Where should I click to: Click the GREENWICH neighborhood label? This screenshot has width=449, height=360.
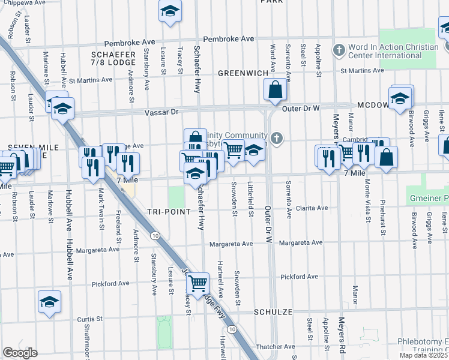[x=243, y=73]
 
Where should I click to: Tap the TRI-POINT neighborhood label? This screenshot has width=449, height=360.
[x=169, y=212]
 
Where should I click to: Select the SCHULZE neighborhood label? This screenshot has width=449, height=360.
[x=273, y=313]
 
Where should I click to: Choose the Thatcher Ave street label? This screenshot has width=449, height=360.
[x=274, y=346]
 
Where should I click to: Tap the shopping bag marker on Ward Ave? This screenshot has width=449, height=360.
[x=275, y=91]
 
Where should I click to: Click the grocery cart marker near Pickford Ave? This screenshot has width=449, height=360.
[x=197, y=281]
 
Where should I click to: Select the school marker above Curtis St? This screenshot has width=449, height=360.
[x=50, y=302]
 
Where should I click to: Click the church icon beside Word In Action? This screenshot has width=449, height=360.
[x=339, y=49]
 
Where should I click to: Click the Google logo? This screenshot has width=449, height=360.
[x=20, y=352]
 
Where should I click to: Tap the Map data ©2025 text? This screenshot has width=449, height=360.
[x=423, y=355]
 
